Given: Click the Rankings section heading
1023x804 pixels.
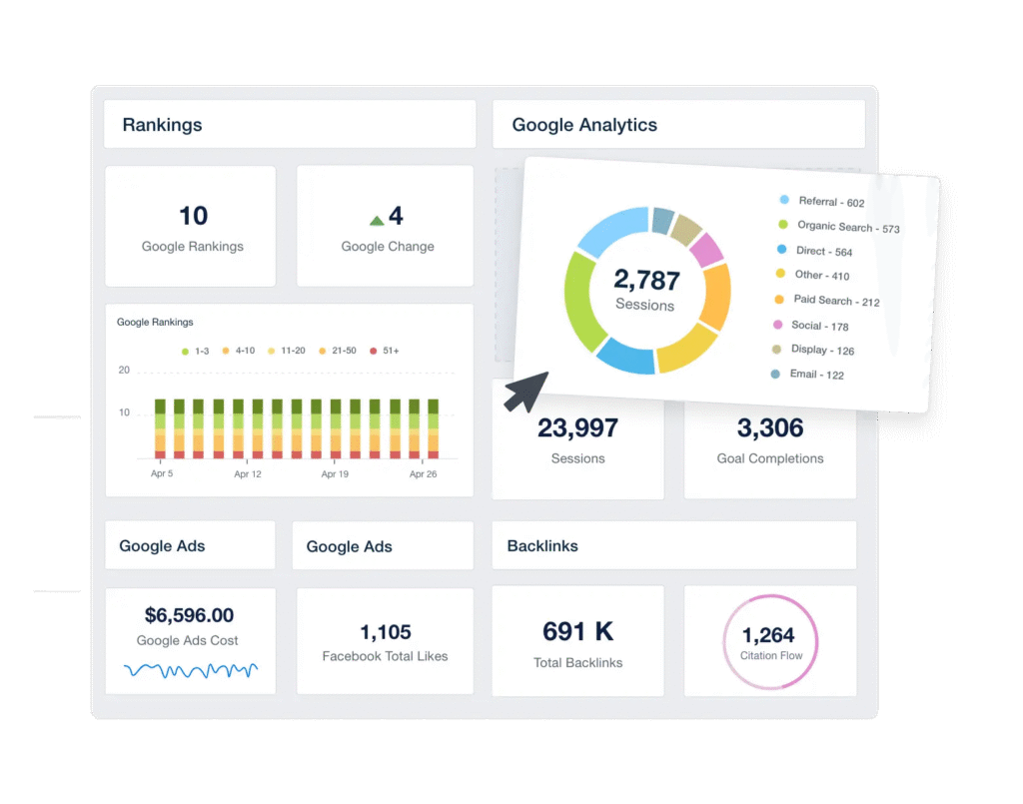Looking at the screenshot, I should pos(162,125).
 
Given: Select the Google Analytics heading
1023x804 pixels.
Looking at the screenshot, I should pos(584,125).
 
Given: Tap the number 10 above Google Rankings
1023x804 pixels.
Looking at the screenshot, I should pos(193,216).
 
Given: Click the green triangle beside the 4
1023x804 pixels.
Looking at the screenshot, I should pos(377,220).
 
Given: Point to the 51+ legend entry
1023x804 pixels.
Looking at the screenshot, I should pos(385,351).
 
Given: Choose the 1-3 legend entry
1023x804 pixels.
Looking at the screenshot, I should pos(196,351).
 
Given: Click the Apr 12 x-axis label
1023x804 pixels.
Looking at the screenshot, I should pos(248,474).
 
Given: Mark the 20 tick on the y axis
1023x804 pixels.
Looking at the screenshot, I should pos(124,371).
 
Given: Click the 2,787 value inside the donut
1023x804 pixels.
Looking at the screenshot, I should pos(646,280).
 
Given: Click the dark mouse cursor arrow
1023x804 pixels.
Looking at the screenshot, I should pos(524,391).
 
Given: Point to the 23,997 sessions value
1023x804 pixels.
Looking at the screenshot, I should pos(577,428).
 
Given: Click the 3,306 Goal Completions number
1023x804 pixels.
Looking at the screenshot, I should pos(770,428).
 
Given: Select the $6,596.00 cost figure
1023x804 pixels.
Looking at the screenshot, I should pos(189,615).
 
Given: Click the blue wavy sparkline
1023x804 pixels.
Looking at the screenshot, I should pos(191,669).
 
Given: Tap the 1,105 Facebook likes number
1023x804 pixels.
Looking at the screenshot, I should pos(386,632).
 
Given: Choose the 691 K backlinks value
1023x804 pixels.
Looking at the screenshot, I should pos(577,631).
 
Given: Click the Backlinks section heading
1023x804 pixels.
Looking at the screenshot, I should pos(542,546).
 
